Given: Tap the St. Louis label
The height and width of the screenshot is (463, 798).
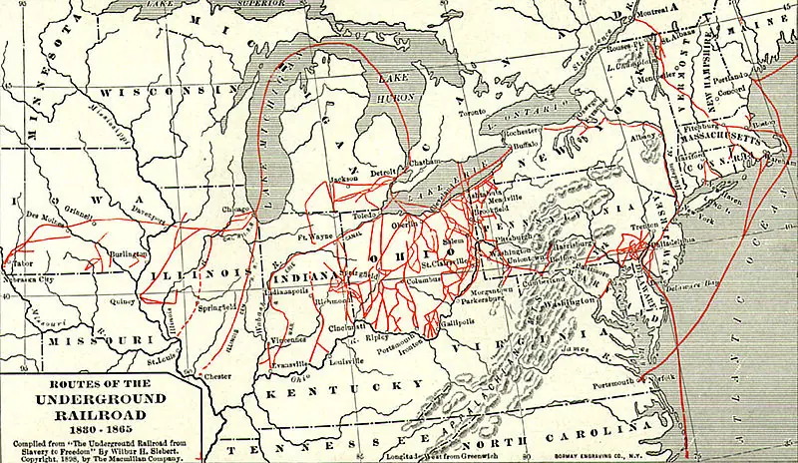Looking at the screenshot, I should pos(163,348).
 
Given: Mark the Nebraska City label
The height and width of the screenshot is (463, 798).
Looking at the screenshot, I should pos(29,280).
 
